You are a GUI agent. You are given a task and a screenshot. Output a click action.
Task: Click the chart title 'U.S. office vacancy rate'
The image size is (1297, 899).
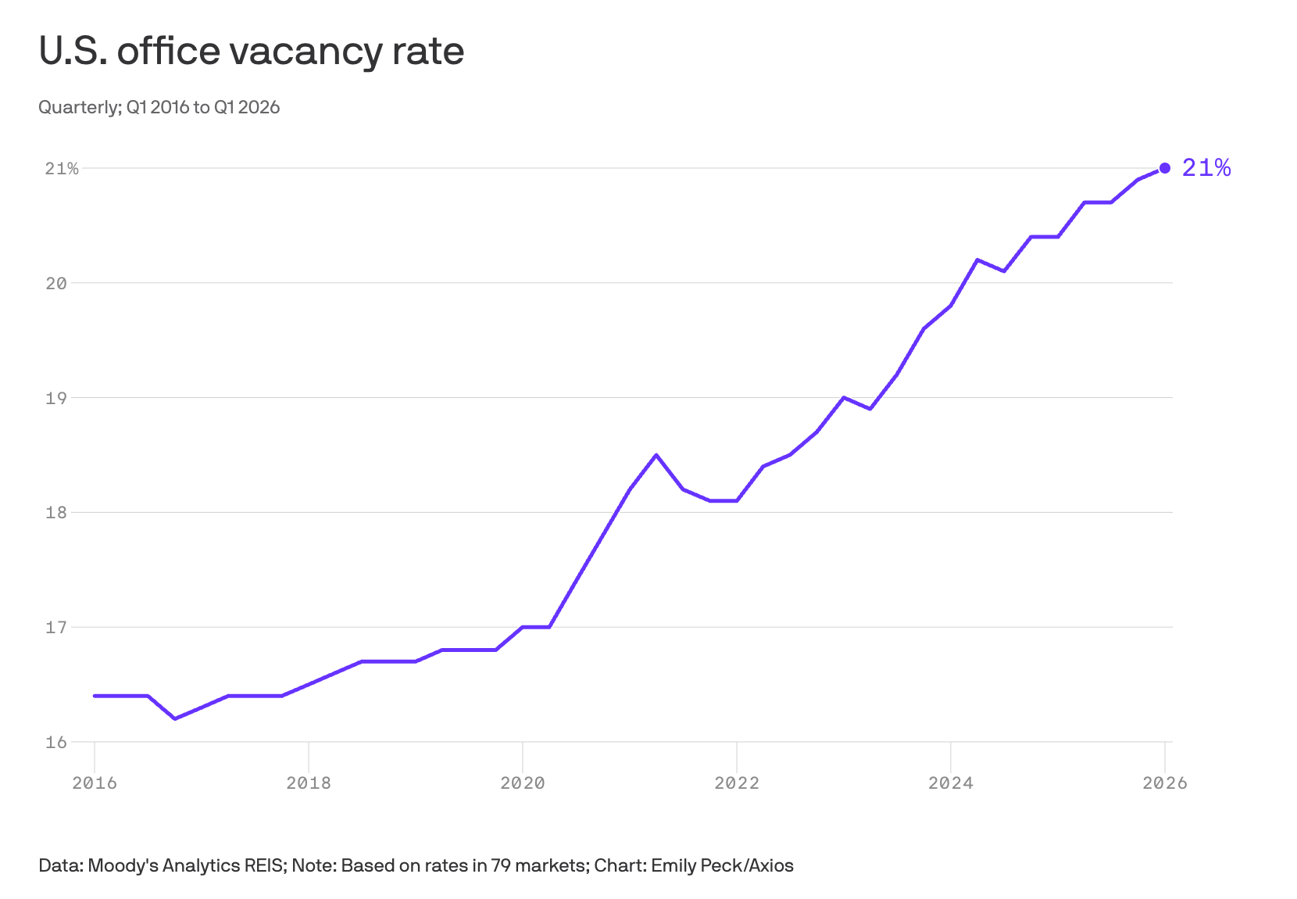pyautogui.click(x=252, y=51)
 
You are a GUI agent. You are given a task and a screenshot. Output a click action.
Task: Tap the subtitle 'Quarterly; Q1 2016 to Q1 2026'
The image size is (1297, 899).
pyautogui.click(x=159, y=107)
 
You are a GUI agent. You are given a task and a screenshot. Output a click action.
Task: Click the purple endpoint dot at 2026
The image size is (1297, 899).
pyautogui.click(x=1165, y=168)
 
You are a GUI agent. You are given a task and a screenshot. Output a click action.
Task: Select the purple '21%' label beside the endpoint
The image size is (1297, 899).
pyautogui.click(x=1206, y=168)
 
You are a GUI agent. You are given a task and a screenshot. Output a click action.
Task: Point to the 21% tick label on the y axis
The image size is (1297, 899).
pyautogui.click(x=62, y=169)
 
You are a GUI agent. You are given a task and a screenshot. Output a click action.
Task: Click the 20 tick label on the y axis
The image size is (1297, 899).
pyautogui.click(x=56, y=283)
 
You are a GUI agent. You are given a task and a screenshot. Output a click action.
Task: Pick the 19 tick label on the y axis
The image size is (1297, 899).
pyautogui.click(x=56, y=398)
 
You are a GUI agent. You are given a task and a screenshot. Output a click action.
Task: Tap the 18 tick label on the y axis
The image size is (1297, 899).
pyautogui.click(x=56, y=513)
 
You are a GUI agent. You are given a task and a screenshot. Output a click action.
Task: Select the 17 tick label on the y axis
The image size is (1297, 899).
pyautogui.click(x=56, y=627)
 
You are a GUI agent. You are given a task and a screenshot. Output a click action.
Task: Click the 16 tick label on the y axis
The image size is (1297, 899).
pyautogui.click(x=56, y=742)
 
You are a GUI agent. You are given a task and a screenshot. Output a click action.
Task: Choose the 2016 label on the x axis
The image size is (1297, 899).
pyautogui.click(x=95, y=783)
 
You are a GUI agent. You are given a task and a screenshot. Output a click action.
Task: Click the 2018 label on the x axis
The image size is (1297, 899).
pyautogui.click(x=309, y=783)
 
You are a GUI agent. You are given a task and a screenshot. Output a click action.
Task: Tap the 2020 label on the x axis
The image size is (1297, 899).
pyautogui.click(x=522, y=783)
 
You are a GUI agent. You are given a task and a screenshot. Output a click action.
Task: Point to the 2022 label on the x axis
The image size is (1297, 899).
pyautogui.click(x=737, y=783)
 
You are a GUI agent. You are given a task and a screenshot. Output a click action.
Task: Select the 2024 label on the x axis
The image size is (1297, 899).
pyautogui.click(x=951, y=783)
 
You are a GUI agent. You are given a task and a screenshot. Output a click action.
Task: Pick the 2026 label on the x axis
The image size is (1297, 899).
pyautogui.click(x=1165, y=783)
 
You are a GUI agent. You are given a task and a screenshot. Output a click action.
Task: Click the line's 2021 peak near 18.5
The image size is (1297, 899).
pyautogui.click(x=656, y=455)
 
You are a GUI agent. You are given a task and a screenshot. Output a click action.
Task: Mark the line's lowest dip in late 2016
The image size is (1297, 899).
pyautogui.click(x=175, y=718)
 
